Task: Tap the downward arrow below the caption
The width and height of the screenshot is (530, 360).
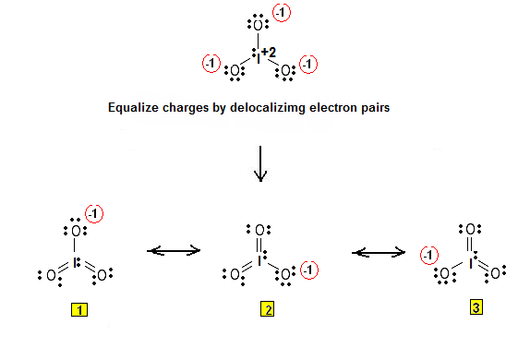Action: tap(260, 162)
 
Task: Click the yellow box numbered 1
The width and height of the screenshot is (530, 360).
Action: tap(81, 310)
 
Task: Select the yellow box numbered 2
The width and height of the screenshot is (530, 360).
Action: tap(267, 310)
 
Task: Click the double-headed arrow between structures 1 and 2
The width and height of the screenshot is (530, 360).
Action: tap(175, 249)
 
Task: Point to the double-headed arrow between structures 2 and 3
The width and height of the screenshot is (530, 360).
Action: tap(379, 249)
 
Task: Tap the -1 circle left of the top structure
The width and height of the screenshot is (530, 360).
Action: tap(211, 65)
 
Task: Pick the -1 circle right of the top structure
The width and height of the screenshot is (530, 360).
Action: tap(308, 65)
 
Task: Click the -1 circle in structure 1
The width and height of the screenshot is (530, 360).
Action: tap(95, 214)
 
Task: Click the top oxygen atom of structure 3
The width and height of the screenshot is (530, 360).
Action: tap(471, 229)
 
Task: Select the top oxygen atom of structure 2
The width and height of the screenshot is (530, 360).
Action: tap(262, 229)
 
